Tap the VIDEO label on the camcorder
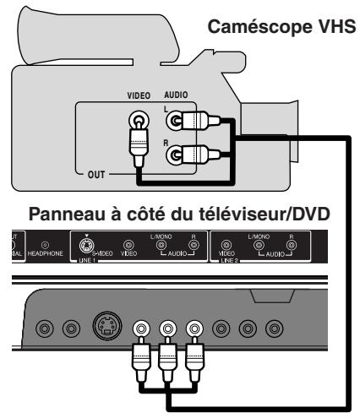[137, 98]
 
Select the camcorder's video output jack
[137, 122]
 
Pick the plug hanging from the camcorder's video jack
[137, 152]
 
